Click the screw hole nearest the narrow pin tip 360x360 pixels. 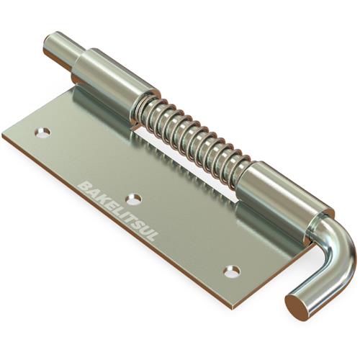point(44,132)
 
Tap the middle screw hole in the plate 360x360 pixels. point(134,199)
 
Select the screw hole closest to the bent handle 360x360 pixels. point(232,271)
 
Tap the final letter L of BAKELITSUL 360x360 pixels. point(153,236)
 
